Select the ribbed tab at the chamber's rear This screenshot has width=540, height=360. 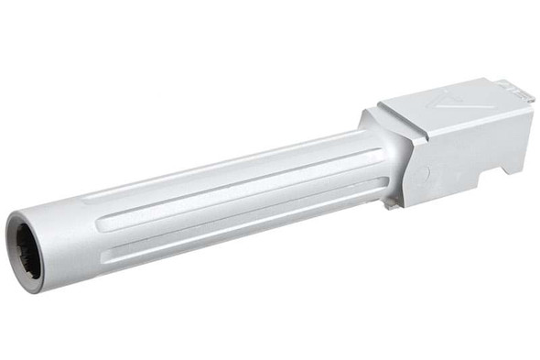pyautogui.click(x=514, y=88)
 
